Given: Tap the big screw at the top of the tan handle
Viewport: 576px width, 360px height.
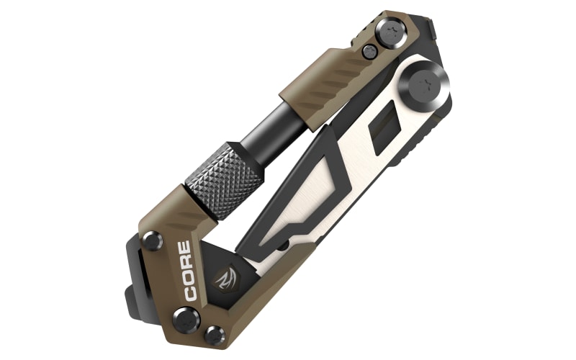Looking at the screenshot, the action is [x=392, y=32].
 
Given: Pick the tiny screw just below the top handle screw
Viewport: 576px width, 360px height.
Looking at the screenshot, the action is [x=369, y=51].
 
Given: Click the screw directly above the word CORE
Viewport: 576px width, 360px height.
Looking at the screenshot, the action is [x=153, y=241].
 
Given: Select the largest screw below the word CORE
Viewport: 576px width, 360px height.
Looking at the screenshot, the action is [x=186, y=320].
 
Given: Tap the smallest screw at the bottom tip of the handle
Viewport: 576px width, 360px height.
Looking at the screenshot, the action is [x=215, y=336].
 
